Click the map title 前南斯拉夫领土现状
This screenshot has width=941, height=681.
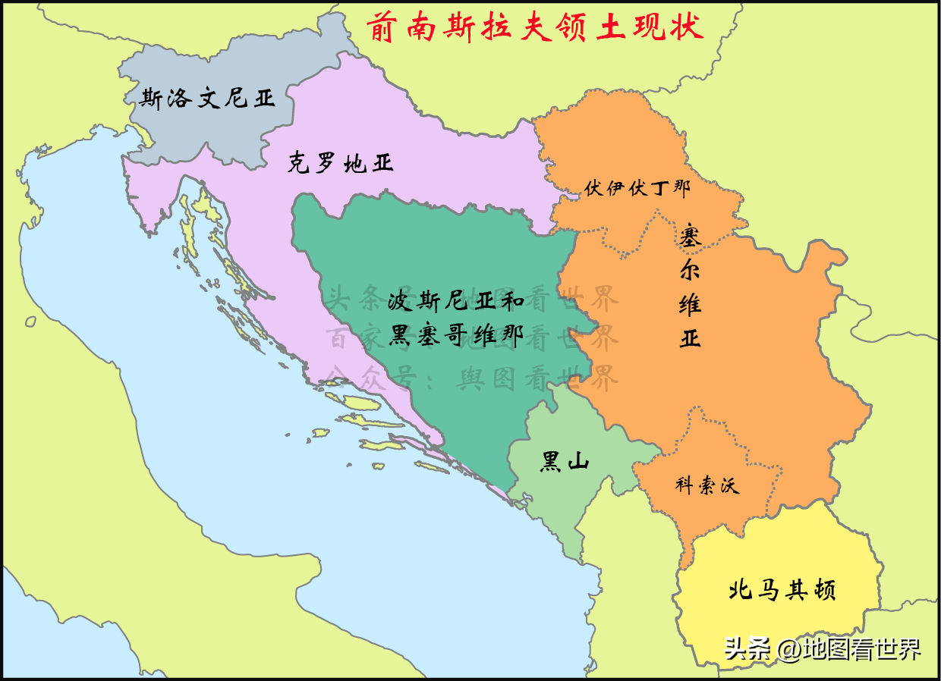534,27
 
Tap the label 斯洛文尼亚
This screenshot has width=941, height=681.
207,99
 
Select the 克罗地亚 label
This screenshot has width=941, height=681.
340,162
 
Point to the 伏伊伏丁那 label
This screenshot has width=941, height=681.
637,188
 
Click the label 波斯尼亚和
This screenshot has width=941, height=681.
455,302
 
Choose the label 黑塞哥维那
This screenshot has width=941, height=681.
455,334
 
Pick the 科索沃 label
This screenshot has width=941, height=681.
707,485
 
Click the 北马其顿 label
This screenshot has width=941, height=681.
781,590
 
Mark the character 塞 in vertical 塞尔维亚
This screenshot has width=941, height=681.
690,235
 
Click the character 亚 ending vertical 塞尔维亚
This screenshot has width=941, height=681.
690,337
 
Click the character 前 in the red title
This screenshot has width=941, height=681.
382,27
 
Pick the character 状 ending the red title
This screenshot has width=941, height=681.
688,27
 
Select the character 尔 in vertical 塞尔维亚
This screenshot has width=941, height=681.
690,269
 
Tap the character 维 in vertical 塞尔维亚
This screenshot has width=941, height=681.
690,303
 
